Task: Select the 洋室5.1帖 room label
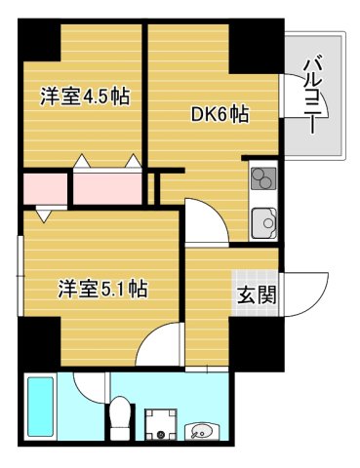tap(101, 289)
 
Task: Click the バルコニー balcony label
tap(313, 96)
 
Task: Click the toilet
tap(120, 420)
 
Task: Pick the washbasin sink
tap(204, 429)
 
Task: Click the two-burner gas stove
tap(262, 178)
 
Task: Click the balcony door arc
tap(291, 96)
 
